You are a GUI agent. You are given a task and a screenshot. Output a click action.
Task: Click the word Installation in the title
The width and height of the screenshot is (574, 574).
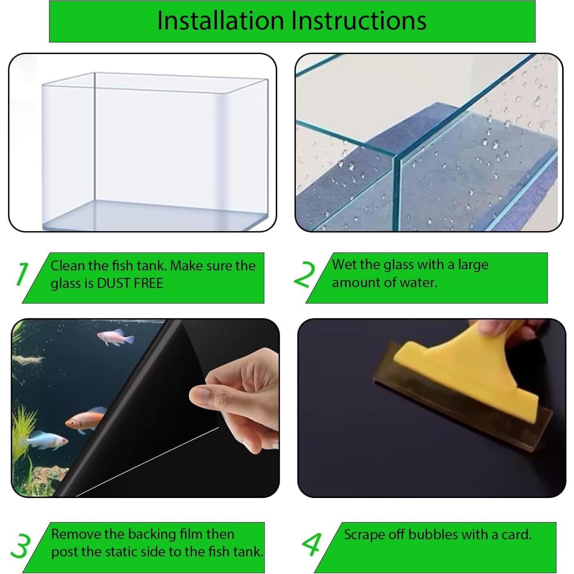click(221, 20)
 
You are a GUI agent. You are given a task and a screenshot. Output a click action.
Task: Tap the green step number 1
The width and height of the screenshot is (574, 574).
click(22, 274)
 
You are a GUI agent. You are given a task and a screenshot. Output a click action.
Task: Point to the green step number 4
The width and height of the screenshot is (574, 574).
click(312, 545)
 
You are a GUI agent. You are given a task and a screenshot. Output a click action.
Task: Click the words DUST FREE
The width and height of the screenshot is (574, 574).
click(130, 283)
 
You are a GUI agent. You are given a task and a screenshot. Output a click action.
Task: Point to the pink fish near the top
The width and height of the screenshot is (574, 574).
click(116, 337)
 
